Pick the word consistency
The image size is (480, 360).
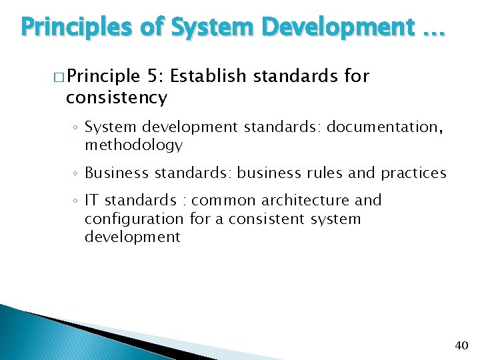pos(116,98)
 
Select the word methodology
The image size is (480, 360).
pos(133,145)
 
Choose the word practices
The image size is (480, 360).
pos(413,173)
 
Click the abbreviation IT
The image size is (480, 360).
pos(92,200)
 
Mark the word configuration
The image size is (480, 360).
pos(134,219)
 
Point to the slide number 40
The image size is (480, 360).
pos(461,345)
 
